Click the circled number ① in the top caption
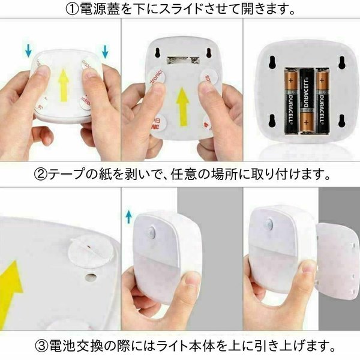point(73,9)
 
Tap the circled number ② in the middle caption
point(41,174)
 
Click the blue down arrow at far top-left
point(28,51)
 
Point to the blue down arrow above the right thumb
point(105,52)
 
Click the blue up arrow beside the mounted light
point(129,217)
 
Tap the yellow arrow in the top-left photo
point(64,85)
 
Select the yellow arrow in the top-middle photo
point(183,107)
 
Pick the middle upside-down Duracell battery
point(306,100)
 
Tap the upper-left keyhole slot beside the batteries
point(272,62)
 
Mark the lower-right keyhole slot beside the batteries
point(342,121)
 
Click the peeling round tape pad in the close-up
point(91,252)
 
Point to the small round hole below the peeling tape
point(90,277)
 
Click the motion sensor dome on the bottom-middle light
point(151,231)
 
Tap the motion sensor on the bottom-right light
point(268,223)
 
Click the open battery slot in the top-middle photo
point(183,60)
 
